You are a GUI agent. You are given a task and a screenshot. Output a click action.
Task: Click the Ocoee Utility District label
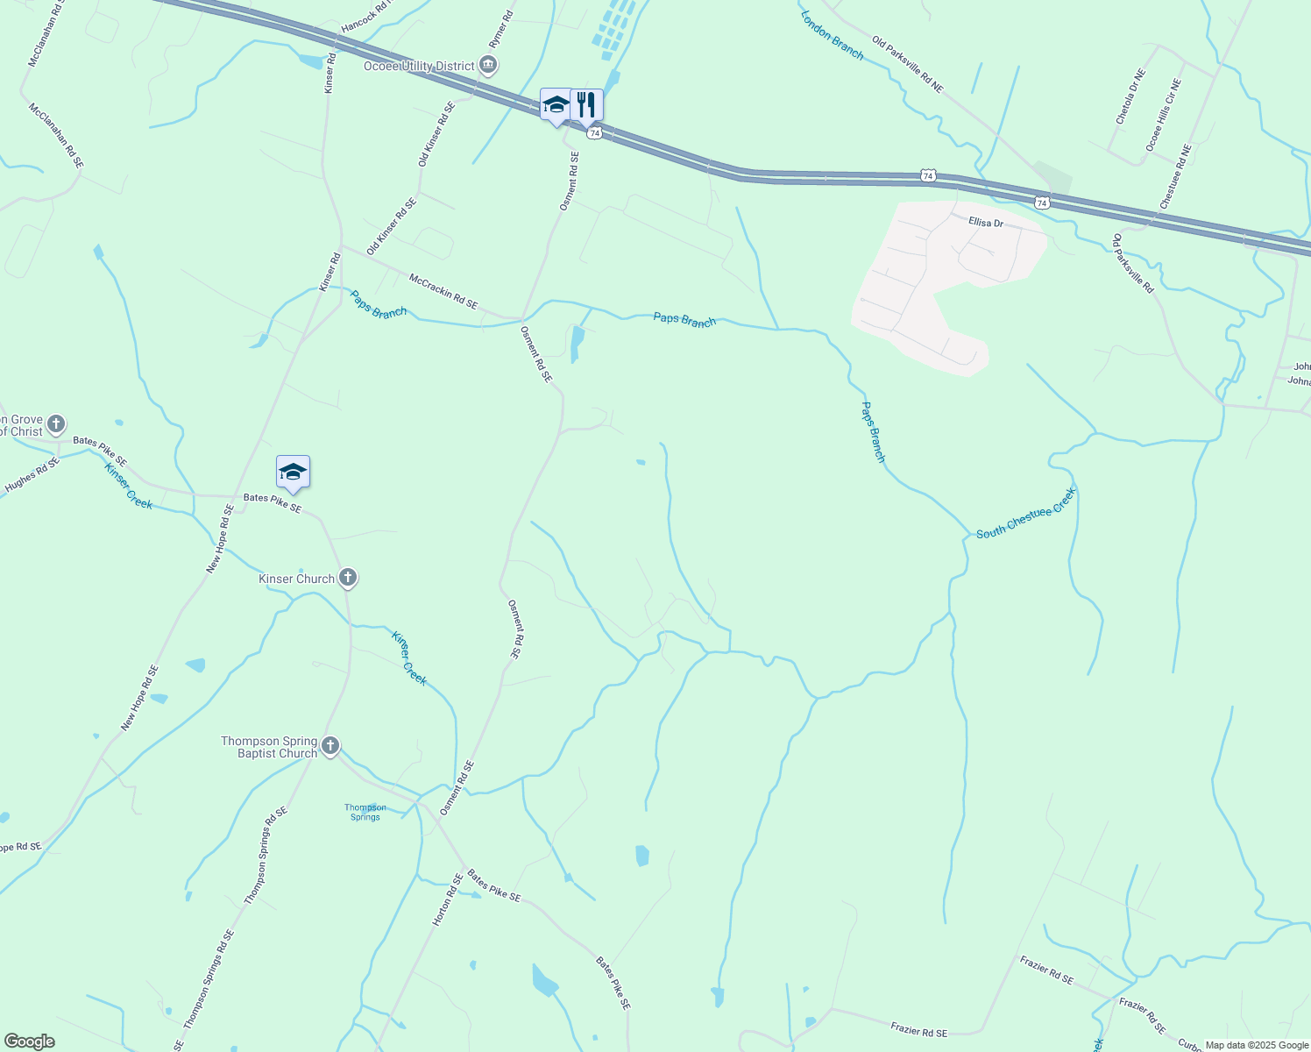419,66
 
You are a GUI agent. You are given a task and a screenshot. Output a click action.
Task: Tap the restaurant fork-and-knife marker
586,105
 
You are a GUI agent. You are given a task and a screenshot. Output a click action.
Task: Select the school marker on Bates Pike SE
293,473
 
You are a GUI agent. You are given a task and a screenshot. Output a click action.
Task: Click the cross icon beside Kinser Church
348,578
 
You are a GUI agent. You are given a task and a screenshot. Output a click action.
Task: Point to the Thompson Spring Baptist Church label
269,747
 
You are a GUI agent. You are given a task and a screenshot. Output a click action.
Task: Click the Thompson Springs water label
365,812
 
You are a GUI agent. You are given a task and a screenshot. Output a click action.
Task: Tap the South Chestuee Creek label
1025,515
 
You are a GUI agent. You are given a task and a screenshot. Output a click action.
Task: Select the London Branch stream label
832,35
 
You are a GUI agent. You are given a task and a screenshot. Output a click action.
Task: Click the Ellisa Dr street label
986,223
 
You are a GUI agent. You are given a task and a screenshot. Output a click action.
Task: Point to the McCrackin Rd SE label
443,291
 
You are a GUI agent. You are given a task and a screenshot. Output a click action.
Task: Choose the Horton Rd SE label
447,900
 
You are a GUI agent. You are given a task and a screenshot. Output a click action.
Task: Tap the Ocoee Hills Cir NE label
1164,114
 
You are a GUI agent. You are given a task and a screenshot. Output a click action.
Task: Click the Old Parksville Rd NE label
907,64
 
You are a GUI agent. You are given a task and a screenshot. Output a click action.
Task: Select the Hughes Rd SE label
32,474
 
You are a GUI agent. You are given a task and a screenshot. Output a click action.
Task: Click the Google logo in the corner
29,1041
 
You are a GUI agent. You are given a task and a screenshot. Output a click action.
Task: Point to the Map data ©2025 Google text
1257,1045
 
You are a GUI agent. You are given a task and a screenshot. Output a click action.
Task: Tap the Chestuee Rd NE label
1175,177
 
